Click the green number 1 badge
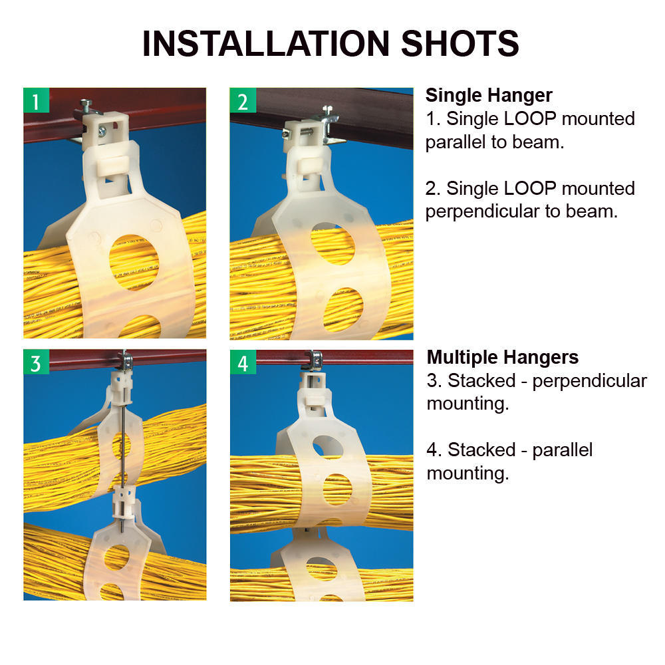click(x=36, y=101)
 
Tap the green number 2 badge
click(x=243, y=101)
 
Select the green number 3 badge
click(x=36, y=363)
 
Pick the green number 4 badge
click(x=243, y=363)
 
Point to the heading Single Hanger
click(x=489, y=95)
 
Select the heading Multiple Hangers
click(x=502, y=357)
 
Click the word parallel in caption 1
click(x=456, y=142)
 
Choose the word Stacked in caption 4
click(x=481, y=450)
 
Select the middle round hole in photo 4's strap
click(x=337, y=488)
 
